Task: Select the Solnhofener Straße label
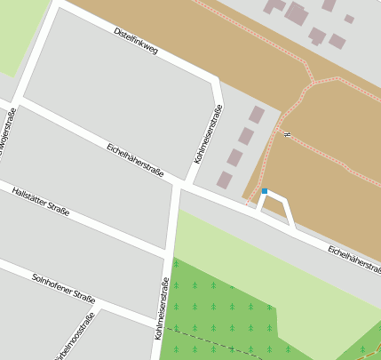tap(63, 288)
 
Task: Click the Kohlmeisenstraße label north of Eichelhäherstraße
tap(208, 133)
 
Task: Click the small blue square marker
tap(264, 191)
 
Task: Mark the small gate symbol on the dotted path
tap(287, 134)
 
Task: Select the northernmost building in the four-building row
tap(257, 114)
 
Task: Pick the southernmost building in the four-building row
tap(225, 180)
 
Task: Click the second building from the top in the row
tap(246, 136)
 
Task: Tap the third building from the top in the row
tap(235, 157)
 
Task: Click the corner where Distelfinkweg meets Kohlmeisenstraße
tap(213, 84)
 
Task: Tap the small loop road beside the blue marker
tap(281, 209)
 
